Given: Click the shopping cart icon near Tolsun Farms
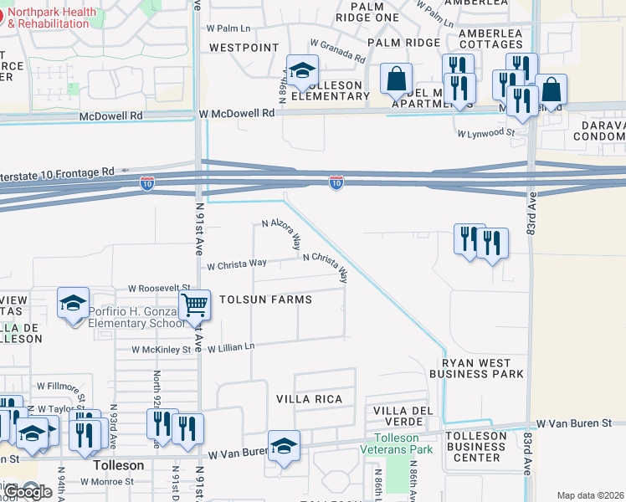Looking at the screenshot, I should (194, 305).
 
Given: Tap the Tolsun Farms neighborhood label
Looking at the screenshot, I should (265, 300).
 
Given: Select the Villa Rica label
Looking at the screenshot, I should (310, 399).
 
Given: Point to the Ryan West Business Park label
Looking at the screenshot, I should (476, 368).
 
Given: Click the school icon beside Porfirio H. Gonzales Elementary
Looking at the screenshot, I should (73, 303).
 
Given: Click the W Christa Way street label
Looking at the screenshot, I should (237, 264).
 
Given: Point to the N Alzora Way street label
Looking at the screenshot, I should (281, 235).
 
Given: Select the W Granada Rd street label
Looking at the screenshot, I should (337, 50).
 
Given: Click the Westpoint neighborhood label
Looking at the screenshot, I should (244, 48).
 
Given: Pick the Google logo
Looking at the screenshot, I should (28, 492).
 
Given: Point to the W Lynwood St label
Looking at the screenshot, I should (485, 132).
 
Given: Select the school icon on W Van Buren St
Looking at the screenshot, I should (284, 445).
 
